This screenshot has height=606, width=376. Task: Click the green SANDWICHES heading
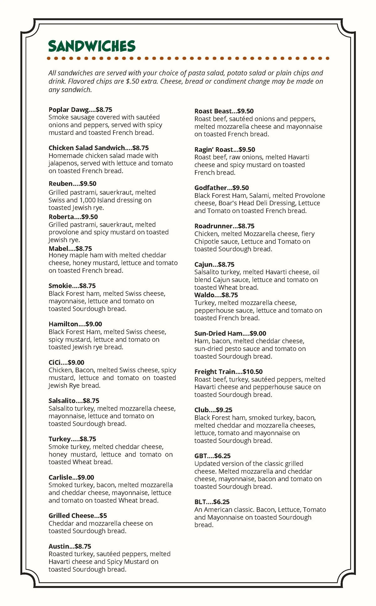click(92, 46)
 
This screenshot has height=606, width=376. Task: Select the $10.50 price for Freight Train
click(253, 372)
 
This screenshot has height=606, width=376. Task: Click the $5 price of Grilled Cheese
click(103, 516)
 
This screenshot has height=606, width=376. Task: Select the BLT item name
click(201, 502)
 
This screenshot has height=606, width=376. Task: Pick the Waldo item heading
click(204, 295)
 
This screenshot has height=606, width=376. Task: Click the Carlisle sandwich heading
click(60, 477)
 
